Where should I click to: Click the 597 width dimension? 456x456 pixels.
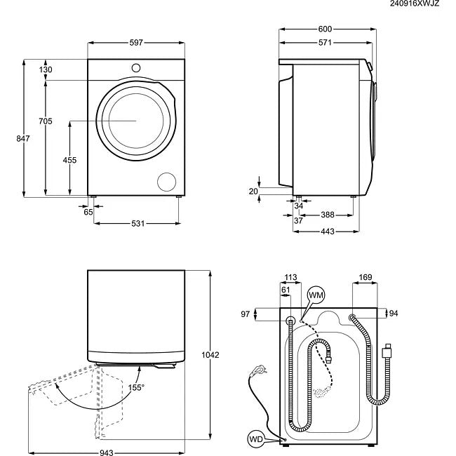pos(135,43)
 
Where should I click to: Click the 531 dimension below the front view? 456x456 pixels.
pos(137,224)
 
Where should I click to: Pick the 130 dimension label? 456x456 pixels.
pos(46,69)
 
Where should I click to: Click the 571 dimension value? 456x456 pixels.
pos(323,43)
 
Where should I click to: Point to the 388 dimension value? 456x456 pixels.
pos(327,215)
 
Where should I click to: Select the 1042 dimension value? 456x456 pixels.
pos(210,355)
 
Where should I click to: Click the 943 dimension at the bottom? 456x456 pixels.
pos(106,452)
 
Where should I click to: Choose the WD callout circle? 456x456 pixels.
pos(256,440)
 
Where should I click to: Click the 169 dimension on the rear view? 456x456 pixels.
pos(366,278)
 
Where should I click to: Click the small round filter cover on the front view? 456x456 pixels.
pos(166,181)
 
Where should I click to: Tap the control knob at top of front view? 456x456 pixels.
pos(135,67)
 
